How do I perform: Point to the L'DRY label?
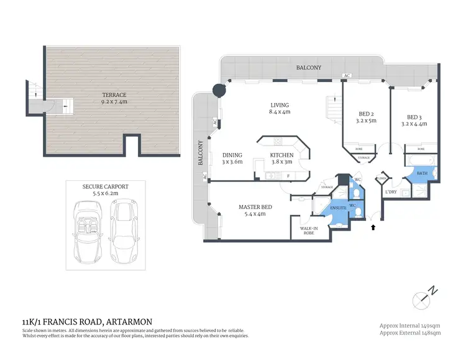391,192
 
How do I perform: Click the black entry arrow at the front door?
373,228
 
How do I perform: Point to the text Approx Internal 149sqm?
410,325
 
